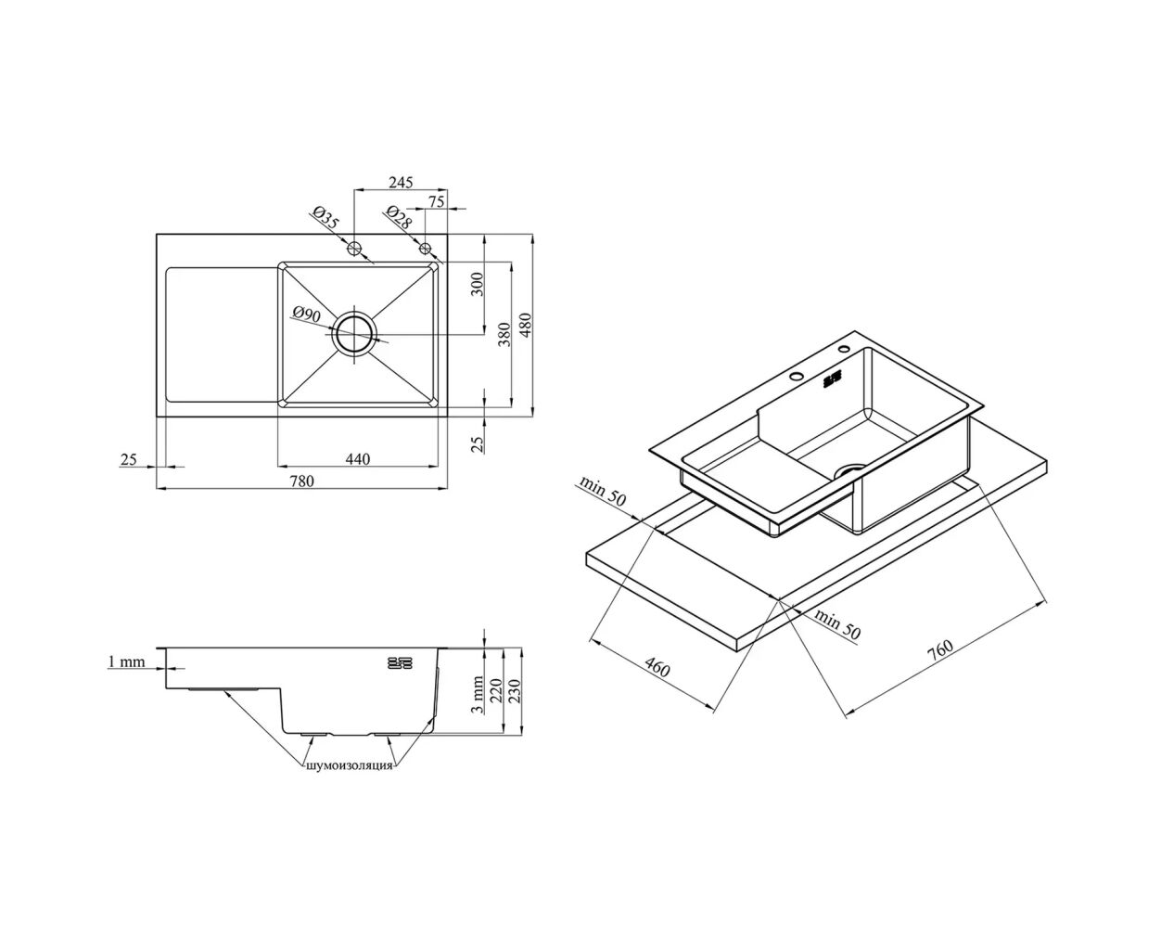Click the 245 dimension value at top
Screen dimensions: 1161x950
[401, 182]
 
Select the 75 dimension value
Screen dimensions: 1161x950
[436, 201]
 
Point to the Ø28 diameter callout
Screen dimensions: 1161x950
[399, 217]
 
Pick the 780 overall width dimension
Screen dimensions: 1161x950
[301, 481]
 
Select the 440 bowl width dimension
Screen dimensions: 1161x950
[358, 458]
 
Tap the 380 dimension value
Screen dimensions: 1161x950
[504, 334]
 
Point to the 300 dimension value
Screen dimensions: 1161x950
[477, 284]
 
